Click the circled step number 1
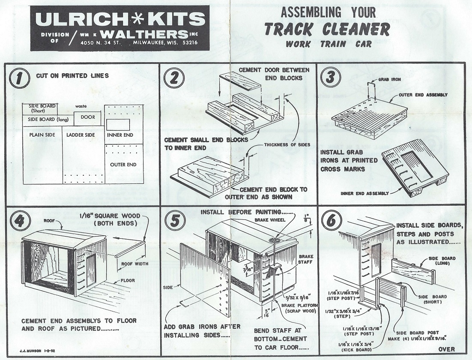coord(20,78)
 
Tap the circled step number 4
coord(20,221)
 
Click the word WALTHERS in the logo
coord(146,34)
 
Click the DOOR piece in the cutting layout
coord(88,117)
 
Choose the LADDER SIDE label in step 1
coord(81,135)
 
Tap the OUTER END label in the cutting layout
coord(123,165)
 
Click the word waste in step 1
coord(81,106)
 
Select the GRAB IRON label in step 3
coord(390,79)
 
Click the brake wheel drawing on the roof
coord(274,240)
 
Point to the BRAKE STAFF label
coord(306,259)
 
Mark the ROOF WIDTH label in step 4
coord(135,264)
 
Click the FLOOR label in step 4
coord(128,280)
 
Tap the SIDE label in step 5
coord(168,288)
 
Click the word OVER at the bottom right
coord(447,349)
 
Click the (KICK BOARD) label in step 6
coord(357,350)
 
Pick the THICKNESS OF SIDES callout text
coord(287,144)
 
